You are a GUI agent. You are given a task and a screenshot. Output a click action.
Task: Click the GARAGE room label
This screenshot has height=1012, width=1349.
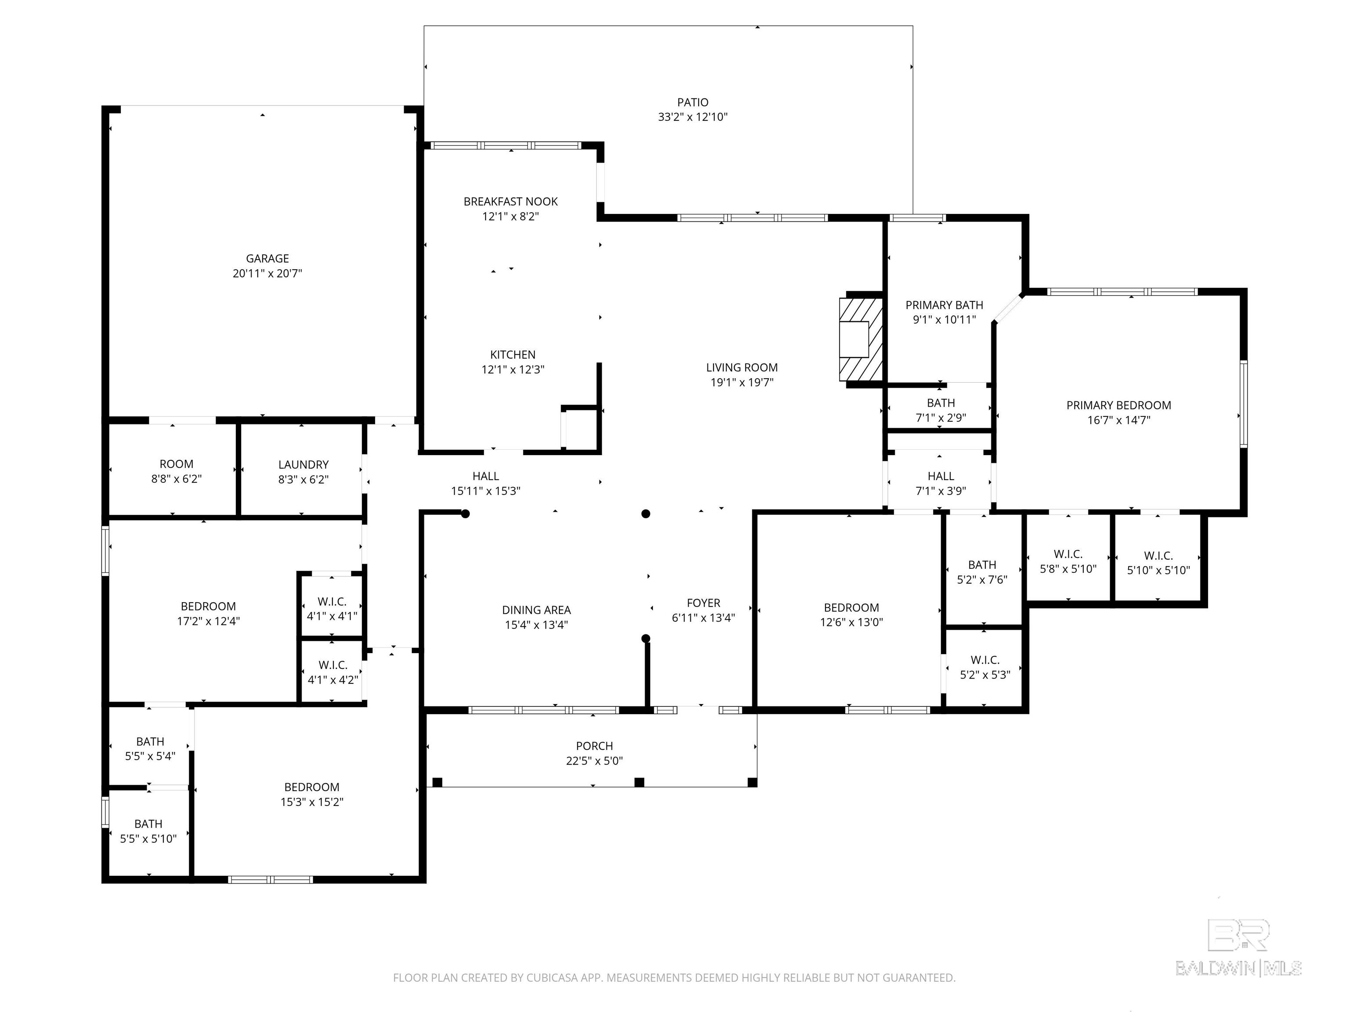pos(267,259)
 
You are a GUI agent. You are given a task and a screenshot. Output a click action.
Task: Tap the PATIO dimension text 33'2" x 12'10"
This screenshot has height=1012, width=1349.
pos(693,117)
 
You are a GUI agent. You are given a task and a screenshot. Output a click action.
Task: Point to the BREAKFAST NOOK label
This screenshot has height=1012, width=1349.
pos(510,201)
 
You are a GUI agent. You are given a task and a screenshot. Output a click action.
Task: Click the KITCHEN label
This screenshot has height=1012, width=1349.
pos(513,354)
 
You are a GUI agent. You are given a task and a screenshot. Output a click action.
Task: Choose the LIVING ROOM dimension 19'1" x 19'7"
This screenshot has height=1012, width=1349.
pos(742,383)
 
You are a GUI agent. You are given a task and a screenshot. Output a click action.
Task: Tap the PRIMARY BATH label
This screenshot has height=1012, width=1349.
pos(944,305)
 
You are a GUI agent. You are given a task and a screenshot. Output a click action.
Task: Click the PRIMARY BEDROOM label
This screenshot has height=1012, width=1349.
pos(1118,405)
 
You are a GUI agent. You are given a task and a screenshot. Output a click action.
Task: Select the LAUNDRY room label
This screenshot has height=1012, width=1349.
pos(303,465)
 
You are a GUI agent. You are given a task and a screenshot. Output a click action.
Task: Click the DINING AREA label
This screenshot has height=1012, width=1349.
pos(536,610)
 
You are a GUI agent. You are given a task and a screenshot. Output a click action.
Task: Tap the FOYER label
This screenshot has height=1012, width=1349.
pos(703,603)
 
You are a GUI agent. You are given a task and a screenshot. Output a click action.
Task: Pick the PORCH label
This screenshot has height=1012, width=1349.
pos(594,746)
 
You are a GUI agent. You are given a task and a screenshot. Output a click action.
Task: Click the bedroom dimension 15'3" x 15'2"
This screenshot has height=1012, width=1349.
pos(312,802)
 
